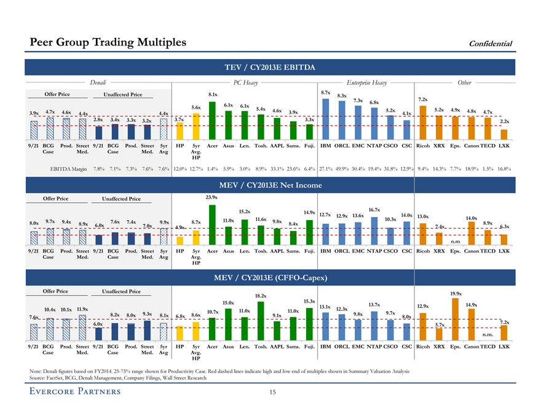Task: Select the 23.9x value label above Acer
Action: pos(211,197)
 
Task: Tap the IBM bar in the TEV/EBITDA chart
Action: pos(325,119)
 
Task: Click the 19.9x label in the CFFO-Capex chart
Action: pos(456,294)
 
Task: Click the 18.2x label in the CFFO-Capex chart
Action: pos(260,296)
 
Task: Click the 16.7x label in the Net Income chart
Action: pos(373,210)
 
